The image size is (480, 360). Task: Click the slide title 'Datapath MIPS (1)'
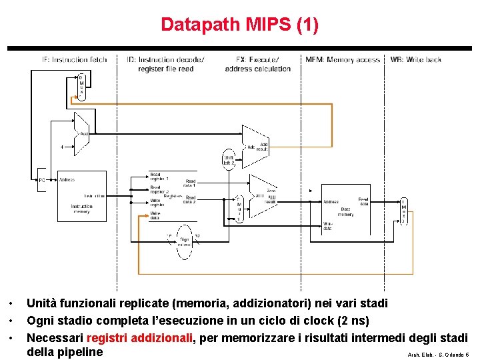240,25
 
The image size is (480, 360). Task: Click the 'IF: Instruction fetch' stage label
75,59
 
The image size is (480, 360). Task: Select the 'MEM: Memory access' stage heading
343,59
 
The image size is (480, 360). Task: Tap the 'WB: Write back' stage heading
416,59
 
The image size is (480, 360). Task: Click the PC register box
41,180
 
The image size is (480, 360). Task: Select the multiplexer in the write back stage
403,211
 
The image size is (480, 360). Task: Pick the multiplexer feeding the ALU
239,209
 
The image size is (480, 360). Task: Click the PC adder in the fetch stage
82,135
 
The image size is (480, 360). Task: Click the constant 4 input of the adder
62,146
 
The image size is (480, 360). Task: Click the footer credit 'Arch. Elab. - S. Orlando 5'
438,355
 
